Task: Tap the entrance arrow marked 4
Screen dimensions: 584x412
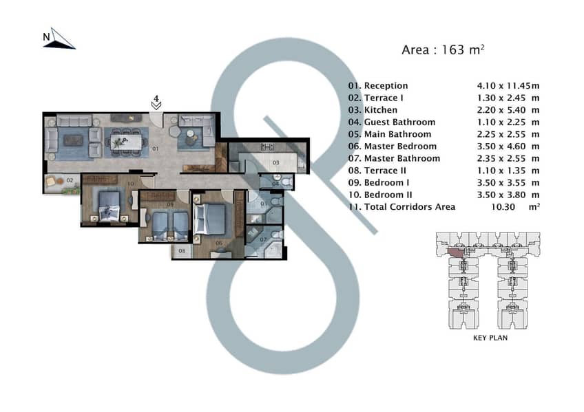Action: click(156, 106)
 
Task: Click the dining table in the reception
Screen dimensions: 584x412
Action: click(126, 142)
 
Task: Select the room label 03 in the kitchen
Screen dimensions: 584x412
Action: click(275, 162)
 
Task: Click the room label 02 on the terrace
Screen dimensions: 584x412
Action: click(70, 180)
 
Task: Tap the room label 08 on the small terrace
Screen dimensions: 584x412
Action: click(182, 251)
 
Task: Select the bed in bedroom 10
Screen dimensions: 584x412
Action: click(109, 206)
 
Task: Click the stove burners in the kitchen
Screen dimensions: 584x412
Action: click(267, 147)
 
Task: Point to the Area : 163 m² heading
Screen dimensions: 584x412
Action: click(443, 50)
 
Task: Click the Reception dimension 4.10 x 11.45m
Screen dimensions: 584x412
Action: click(508, 86)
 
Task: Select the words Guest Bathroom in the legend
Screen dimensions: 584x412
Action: click(399, 122)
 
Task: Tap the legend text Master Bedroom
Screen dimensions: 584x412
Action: click(400, 146)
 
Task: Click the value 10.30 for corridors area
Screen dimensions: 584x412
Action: click(503, 207)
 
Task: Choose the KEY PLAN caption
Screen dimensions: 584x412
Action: click(490, 338)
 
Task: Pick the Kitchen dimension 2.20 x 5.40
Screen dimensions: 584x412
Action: click(501, 110)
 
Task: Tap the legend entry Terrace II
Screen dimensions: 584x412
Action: click(385, 171)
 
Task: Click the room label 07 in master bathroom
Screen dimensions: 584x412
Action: click(263, 239)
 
